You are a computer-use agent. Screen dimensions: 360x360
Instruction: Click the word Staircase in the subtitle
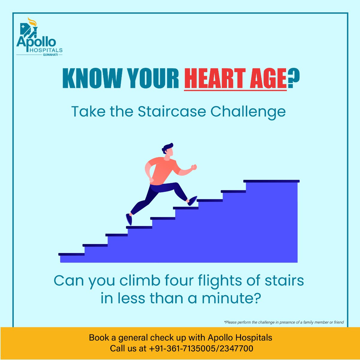tap(172, 112)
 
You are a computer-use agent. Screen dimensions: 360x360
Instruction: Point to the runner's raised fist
tap(194, 167)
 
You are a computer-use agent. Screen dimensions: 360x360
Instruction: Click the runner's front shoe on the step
tap(192, 201)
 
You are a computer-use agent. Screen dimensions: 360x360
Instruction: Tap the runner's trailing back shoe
tap(129, 219)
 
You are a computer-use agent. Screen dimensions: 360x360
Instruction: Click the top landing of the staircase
tap(271, 181)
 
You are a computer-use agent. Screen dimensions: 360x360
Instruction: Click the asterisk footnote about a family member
tap(284, 322)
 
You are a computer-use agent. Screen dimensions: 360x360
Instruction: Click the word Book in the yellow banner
tap(99, 337)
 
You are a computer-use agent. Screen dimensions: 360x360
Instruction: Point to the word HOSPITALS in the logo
tap(46, 50)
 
